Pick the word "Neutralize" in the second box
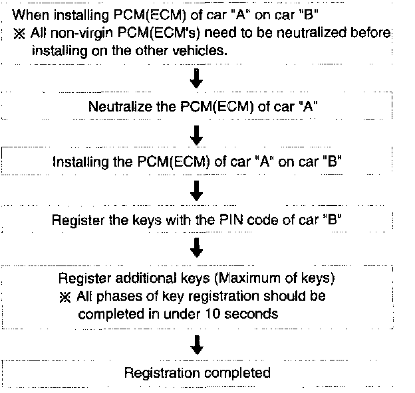[116, 106]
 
